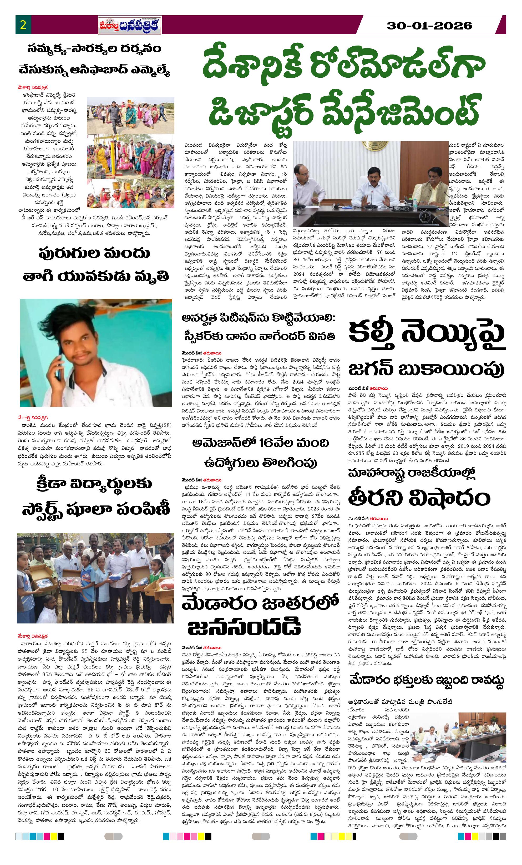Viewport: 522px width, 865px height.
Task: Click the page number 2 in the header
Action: click(23, 25)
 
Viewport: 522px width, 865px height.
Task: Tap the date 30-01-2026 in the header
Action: click(429, 26)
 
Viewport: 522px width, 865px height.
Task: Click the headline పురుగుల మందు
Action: click(94, 253)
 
